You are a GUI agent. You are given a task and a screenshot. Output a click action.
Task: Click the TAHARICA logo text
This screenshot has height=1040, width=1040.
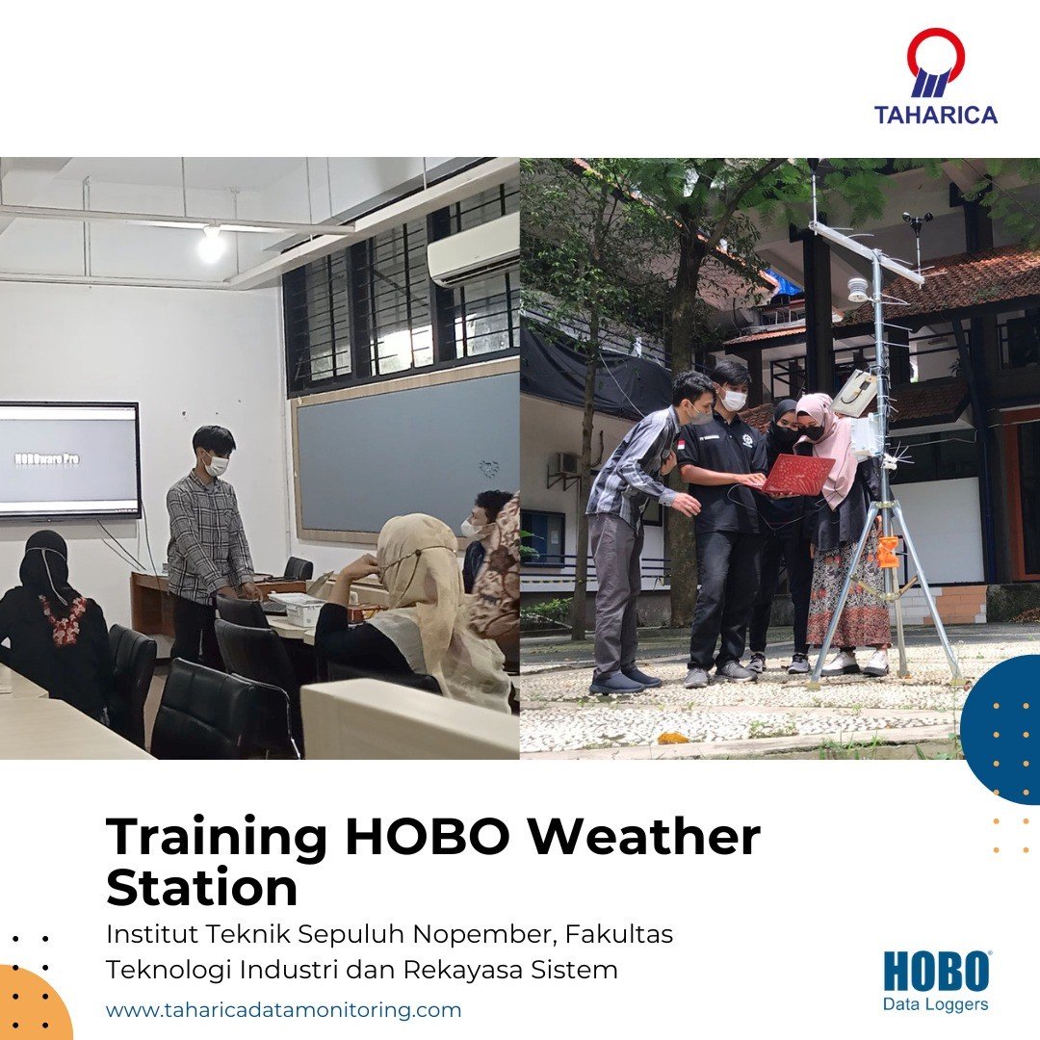(x=935, y=114)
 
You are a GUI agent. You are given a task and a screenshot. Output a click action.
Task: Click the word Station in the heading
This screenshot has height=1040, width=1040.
(x=201, y=888)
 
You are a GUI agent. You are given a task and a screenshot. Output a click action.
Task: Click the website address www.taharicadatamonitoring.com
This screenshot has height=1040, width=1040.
(x=283, y=1010)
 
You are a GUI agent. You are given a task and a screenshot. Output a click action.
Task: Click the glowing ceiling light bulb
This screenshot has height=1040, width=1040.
(x=212, y=247)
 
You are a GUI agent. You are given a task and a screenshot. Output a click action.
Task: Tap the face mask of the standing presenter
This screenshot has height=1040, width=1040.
(x=216, y=463)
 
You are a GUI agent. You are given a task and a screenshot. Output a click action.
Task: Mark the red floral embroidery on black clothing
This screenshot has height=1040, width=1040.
(x=63, y=618)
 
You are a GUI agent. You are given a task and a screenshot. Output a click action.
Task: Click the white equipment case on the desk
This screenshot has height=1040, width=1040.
(x=299, y=609)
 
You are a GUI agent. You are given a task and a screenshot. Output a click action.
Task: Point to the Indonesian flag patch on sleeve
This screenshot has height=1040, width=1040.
(x=681, y=445)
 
